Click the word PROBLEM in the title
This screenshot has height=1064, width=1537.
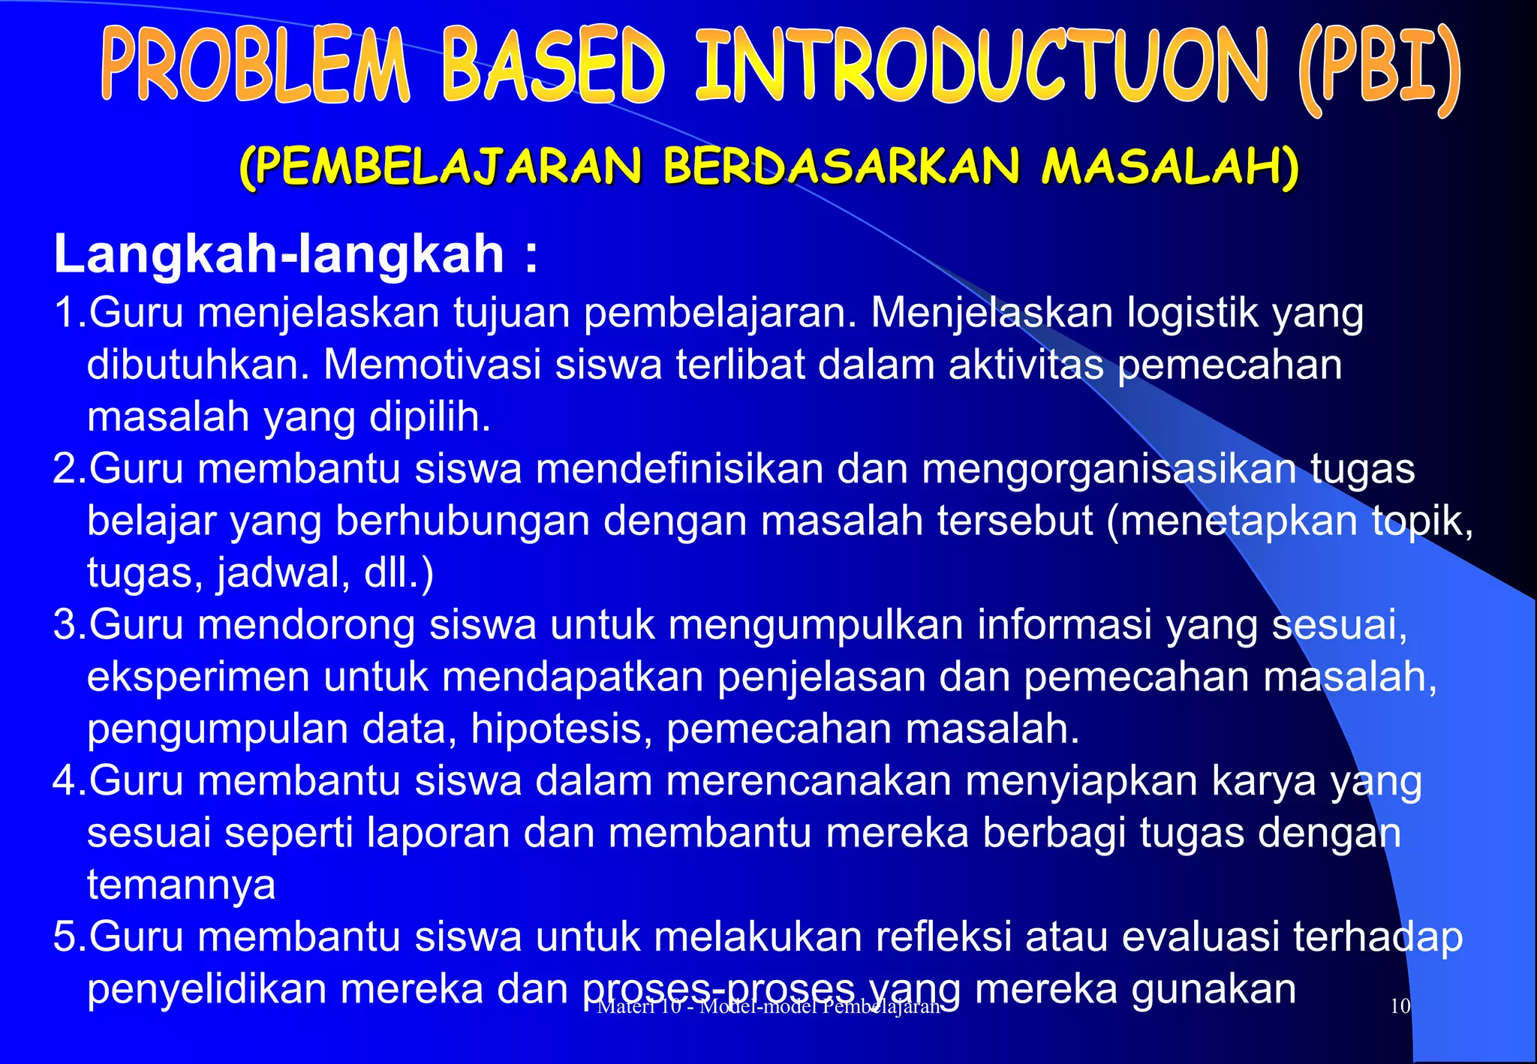click(255, 66)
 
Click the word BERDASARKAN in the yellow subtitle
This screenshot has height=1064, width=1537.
click(841, 167)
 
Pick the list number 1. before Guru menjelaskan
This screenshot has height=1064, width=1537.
click(69, 313)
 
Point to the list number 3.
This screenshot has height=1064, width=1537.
click(69, 625)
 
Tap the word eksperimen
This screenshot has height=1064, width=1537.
click(198, 678)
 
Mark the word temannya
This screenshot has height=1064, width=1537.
click(182, 886)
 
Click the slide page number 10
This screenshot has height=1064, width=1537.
click(1400, 1007)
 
